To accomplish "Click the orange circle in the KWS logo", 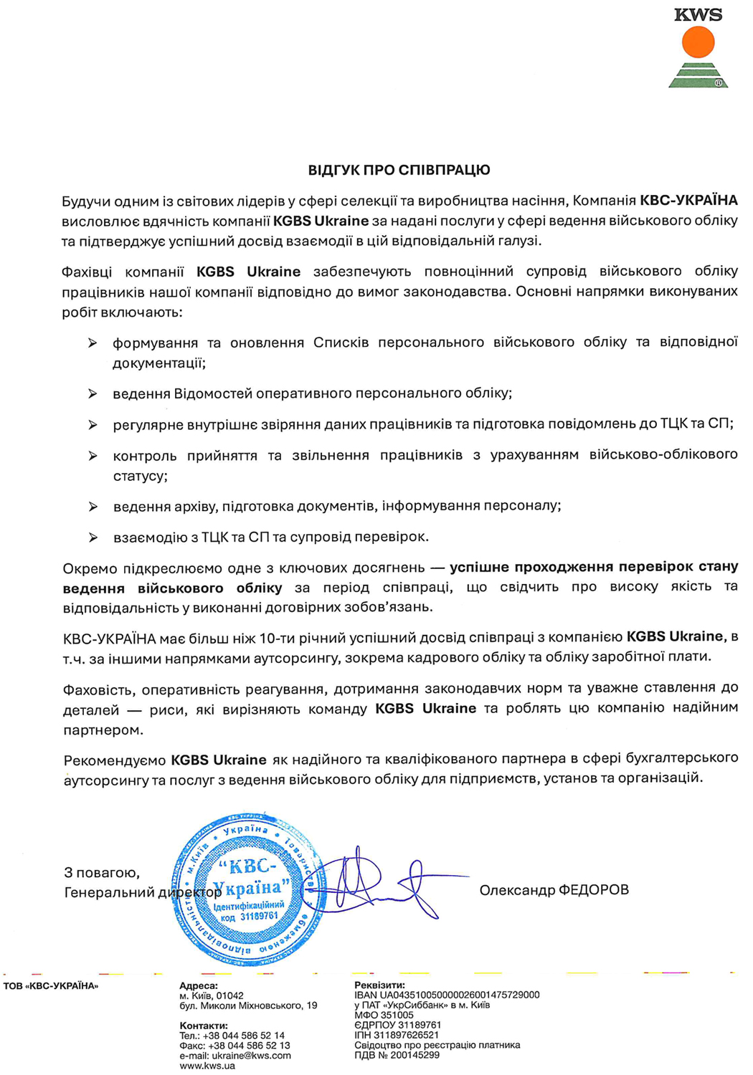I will pos(698,42).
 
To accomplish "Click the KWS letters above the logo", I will pos(698,14).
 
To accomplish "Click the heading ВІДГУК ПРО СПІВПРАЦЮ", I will pos(399,171).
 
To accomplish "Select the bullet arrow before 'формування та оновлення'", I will pos(93,343).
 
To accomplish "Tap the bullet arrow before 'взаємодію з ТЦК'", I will pos(93,537).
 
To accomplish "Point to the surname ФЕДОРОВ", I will pos(593,890).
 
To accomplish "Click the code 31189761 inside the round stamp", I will pos(259,917).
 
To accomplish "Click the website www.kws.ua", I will pos(207,1066).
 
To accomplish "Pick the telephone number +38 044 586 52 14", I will pos(243,1036).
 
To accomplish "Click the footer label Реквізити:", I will pos(379,985).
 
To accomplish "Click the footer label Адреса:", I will pos(199,986).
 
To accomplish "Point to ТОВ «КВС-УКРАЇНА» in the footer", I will pos(51,986).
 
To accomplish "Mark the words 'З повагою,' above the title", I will pos(102,873).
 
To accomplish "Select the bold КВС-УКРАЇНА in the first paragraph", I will pos(688,201).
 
